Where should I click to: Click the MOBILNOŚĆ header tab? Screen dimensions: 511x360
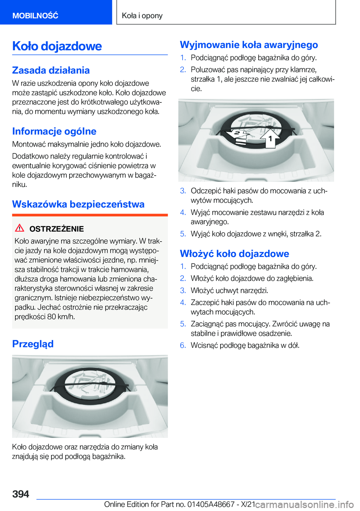tap(35, 15)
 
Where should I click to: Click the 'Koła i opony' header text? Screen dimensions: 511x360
tap(142, 15)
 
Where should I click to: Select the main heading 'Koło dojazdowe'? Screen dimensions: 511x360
tap(57, 46)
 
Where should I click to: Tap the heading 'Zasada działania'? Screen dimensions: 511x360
tap(51, 70)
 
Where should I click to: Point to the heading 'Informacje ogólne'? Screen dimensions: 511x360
tap(54, 131)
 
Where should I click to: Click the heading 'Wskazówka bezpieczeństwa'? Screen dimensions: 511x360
tap(78, 204)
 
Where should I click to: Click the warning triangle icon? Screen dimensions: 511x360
tap(19, 228)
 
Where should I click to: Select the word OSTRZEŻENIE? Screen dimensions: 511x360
tap(57, 229)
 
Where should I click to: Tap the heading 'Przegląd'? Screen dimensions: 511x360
tap(33, 344)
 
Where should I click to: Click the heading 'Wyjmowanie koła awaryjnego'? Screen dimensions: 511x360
tap(249, 45)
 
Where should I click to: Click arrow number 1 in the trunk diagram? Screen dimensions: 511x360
tap(270, 138)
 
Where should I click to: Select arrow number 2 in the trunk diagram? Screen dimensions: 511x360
tap(235, 134)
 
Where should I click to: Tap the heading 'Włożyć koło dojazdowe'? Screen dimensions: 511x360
tap(234, 254)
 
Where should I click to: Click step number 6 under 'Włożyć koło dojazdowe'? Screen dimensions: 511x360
tap(183, 345)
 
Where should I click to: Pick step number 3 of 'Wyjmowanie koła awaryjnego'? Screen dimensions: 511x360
tap(183, 191)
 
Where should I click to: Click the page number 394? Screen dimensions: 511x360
tap(21, 494)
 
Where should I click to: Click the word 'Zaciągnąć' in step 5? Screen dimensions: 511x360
tap(208, 324)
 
